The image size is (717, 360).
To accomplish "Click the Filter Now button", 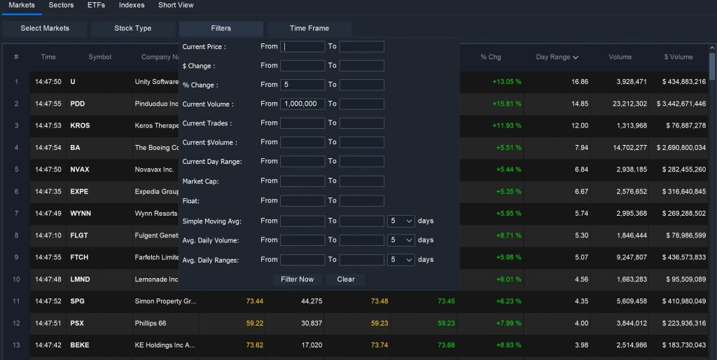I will pyautogui.click(x=297, y=279).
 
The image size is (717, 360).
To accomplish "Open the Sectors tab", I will pyautogui.click(x=61, y=5).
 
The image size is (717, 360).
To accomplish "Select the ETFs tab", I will pyautogui.click(x=97, y=5).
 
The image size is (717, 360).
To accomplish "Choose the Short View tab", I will pyautogui.click(x=176, y=5).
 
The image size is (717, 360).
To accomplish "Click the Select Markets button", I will pyautogui.click(x=45, y=28).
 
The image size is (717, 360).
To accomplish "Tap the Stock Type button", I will pyautogui.click(x=133, y=28).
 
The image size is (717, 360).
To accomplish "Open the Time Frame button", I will pyautogui.click(x=309, y=28).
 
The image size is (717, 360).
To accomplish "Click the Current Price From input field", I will pyautogui.click(x=302, y=46).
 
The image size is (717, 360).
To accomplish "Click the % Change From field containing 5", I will pyautogui.click(x=302, y=85).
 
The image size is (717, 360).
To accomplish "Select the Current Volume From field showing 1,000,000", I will pyautogui.click(x=302, y=104).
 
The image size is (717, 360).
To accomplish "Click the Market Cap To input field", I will pyautogui.click(x=361, y=181).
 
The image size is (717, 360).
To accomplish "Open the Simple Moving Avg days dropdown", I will pyautogui.click(x=401, y=221).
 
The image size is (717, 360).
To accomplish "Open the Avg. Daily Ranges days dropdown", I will pyautogui.click(x=401, y=259).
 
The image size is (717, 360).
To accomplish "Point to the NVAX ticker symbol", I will pyautogui.click(x=80, y=169).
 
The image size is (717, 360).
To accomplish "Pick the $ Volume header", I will pyautogui.click(x=678, y=57).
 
